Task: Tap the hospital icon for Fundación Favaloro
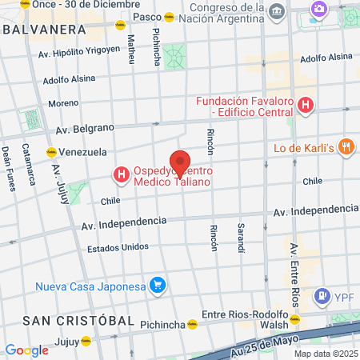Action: click(x=305, y=104)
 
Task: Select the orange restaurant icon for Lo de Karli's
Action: click(x=346, y=146)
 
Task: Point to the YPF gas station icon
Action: click(x=322, y=296)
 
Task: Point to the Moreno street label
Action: click(x=63, y=103)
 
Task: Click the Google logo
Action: click(x=26, y=350)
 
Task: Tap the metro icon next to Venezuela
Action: click(x=50, y=151)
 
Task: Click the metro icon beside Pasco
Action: click(x=169, y=17)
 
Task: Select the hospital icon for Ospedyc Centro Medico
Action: click(x=121, y=174)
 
